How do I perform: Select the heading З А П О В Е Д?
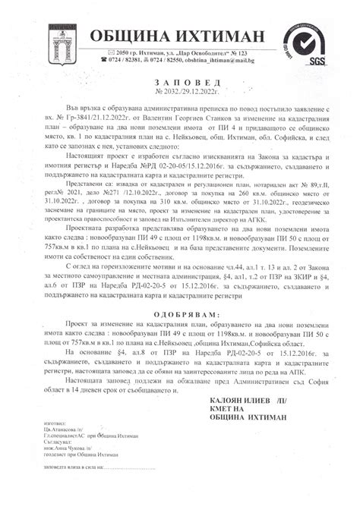(x=178, y=82)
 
